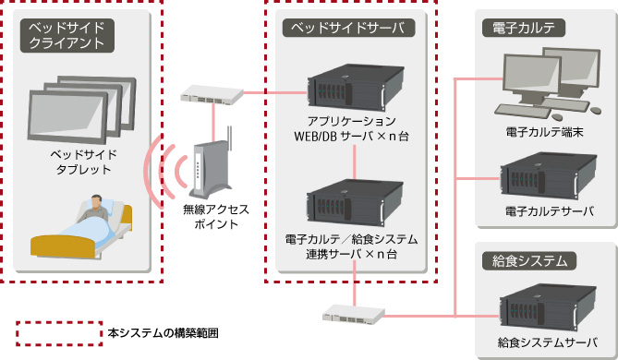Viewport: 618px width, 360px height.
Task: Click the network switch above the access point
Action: tap(212, 94)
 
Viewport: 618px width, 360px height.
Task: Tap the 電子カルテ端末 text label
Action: tap(542, 133)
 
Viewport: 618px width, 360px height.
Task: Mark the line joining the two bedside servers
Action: tap(355, 162)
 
